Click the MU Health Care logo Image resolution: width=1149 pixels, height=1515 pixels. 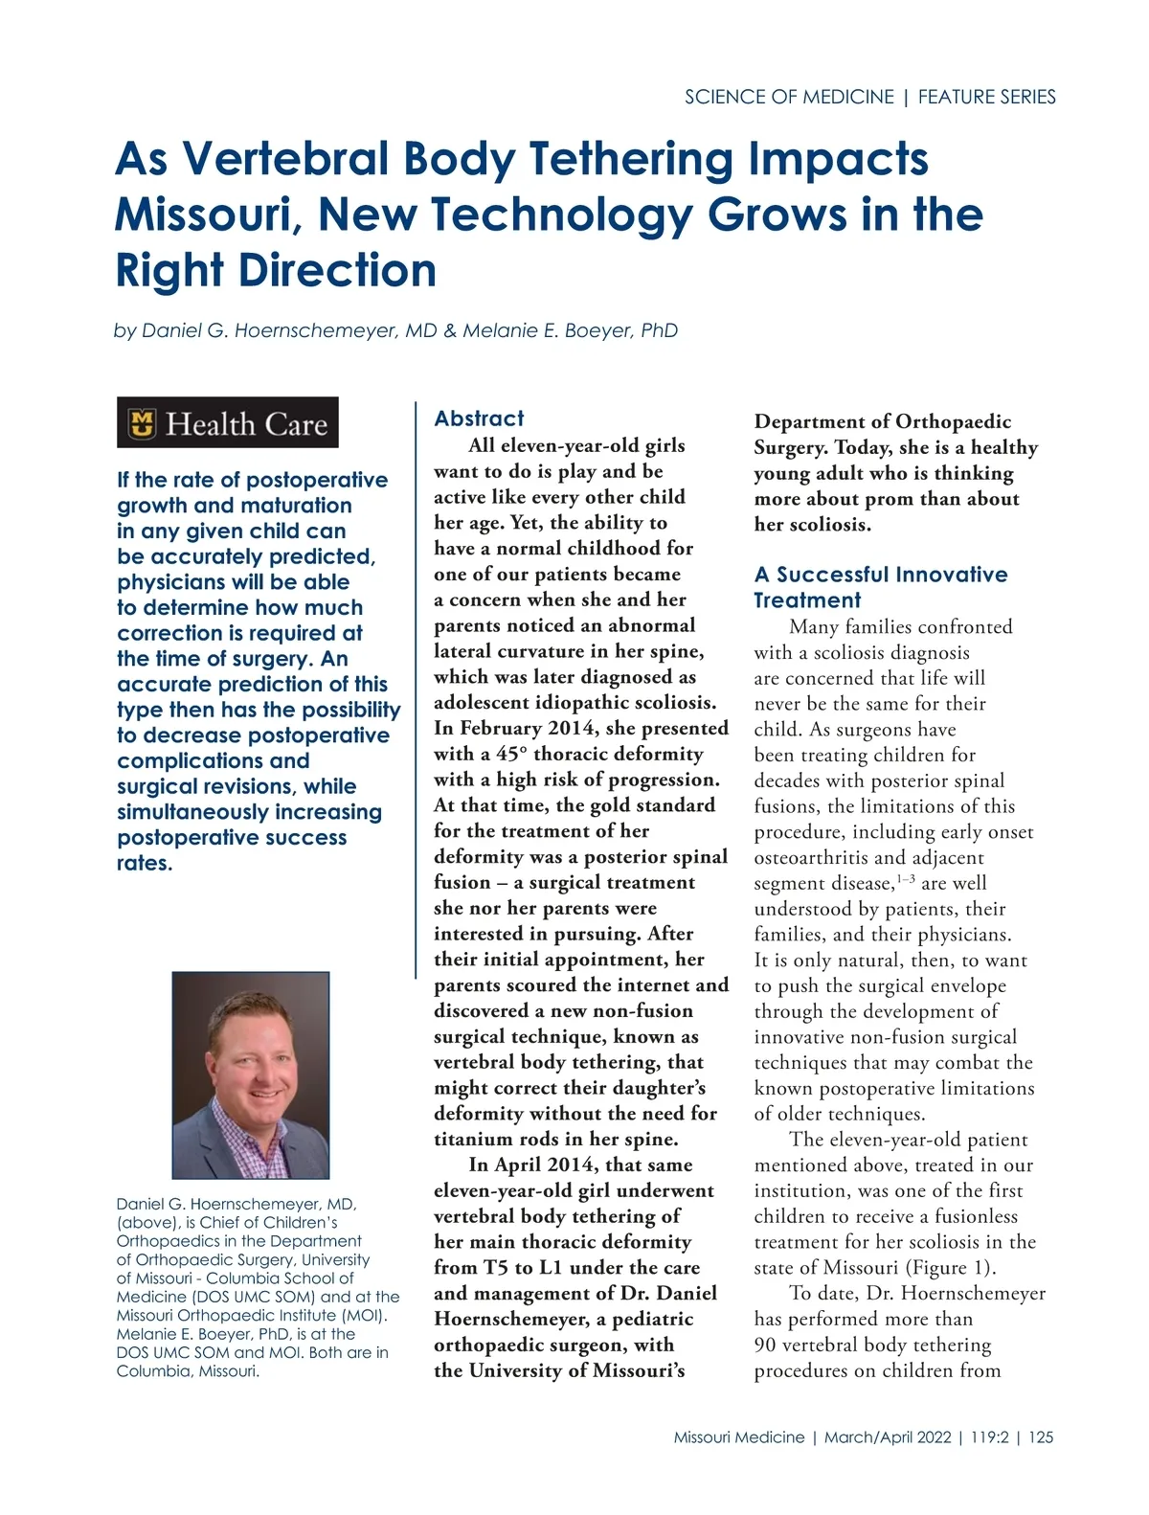tap(228, 422)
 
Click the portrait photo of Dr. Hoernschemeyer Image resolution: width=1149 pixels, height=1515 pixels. tap(251, 1074)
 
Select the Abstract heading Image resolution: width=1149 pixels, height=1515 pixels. tap(479, 418)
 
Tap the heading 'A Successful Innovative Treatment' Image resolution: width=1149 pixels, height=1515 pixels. tap(880, 587)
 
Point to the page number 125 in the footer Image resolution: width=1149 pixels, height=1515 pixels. tap(1041, 1436)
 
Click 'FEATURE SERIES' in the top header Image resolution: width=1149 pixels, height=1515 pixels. tap(986, 97)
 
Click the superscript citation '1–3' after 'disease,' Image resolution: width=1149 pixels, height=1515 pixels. tap(905, 879)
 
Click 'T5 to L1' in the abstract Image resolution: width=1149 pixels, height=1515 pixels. tap(526, 1267)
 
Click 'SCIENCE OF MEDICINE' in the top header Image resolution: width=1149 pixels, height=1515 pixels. tap(789, 97)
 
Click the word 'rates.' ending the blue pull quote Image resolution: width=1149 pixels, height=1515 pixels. tap(145, 863)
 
